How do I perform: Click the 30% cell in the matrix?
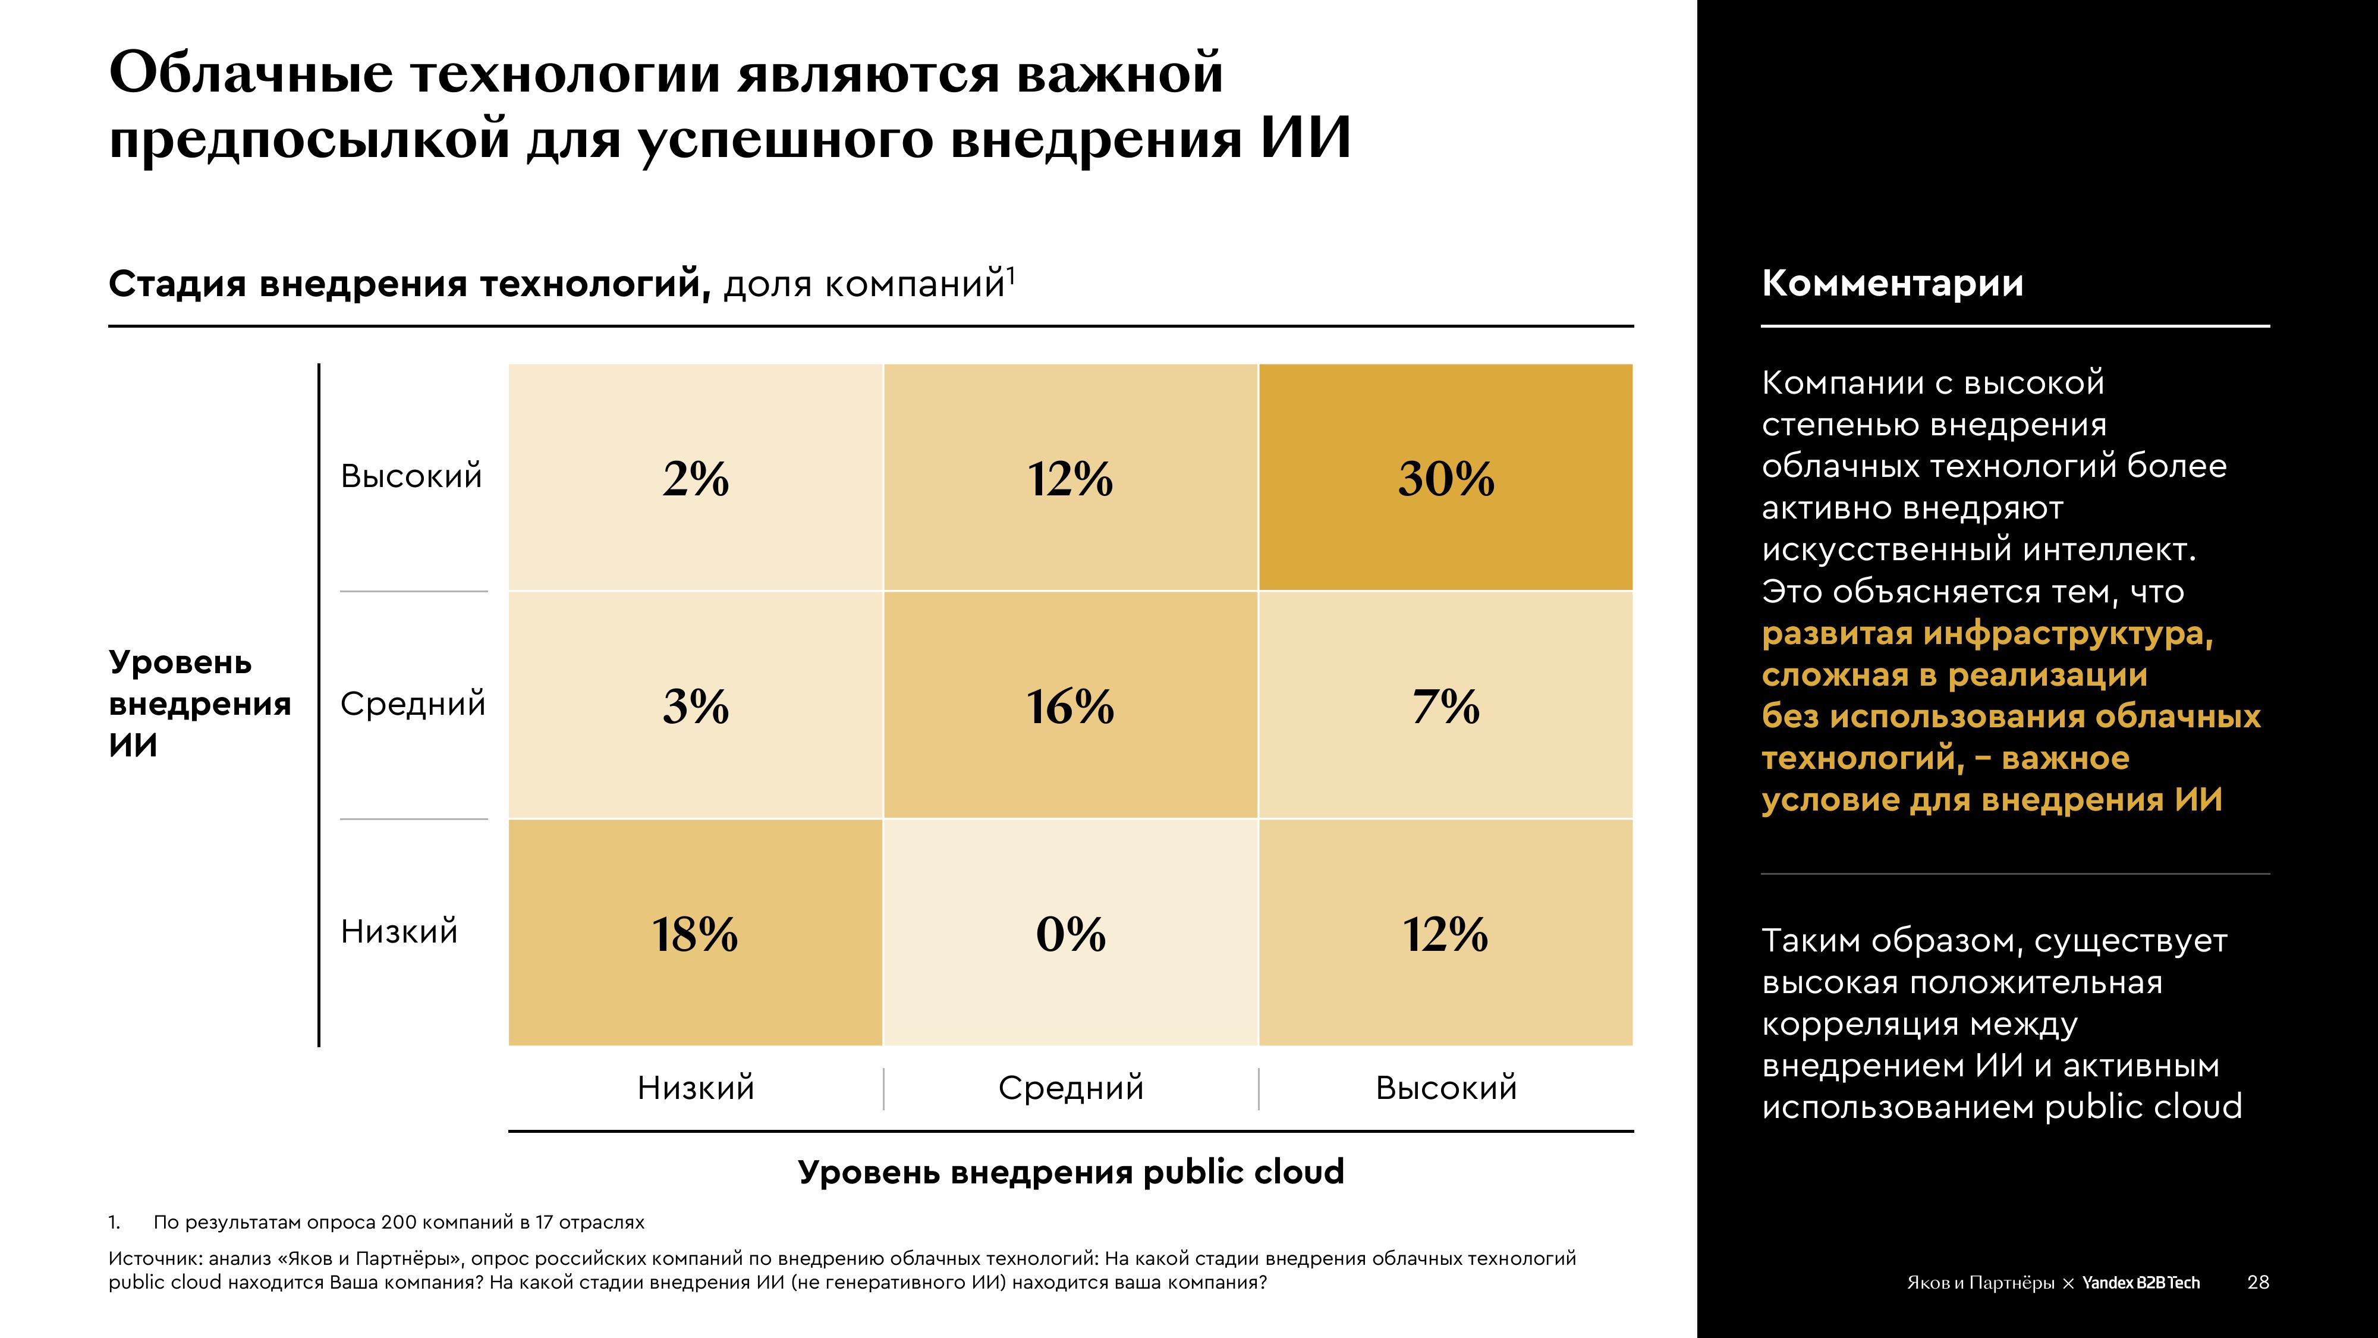coord(1446,478)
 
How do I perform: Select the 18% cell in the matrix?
coord(695,932)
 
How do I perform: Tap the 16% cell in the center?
coord(1071,705)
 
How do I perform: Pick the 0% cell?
coord(1071,932)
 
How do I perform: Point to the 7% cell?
coord(1446,705)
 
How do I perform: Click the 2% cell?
coord(695,478)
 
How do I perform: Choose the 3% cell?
coord(695,705)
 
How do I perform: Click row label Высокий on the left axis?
coord(411,476)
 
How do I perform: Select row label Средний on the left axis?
coord(413,703)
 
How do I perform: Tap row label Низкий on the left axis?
coord(399,931)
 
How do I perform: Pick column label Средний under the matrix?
coord(1071,1088)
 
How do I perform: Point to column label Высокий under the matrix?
coord(1446,1088)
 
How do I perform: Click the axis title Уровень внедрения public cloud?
coord(1071,1171)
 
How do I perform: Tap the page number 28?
coord(2258,1282)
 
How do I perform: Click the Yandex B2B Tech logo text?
coord(2141,1283)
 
